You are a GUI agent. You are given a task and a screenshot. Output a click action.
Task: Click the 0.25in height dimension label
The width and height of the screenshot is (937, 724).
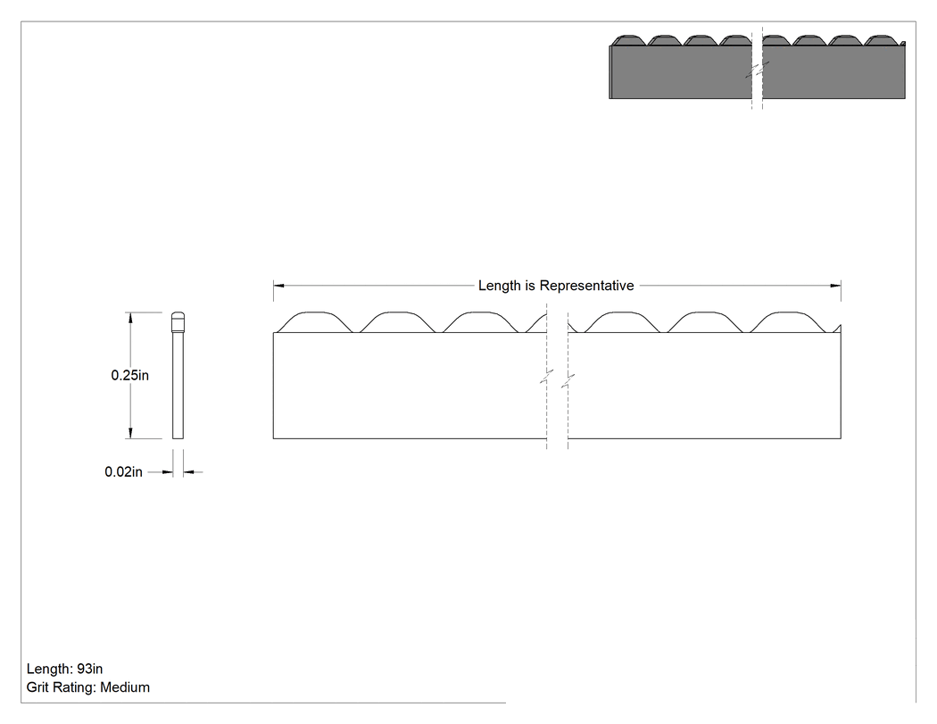pyautogui.click(x=129, y=376)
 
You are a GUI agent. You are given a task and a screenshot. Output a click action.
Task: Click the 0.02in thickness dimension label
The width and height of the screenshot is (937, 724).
pyautogui.click(x=124, y=471)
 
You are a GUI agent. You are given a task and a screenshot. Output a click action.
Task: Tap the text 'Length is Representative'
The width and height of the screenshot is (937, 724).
pyautogui.click(x=556, y=286)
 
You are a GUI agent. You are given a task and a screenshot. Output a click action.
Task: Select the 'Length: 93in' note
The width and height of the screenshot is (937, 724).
pyautogui.click(x=64, y=669)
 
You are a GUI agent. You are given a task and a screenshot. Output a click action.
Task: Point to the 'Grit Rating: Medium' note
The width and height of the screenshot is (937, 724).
pyautogui.click(x=87, y=687)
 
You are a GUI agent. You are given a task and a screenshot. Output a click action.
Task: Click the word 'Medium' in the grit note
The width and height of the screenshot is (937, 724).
pyautogui.click(x=125, y=687)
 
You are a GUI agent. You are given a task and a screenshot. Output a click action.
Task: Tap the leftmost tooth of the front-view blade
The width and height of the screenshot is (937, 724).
pyautogui.click(x=315, y=321)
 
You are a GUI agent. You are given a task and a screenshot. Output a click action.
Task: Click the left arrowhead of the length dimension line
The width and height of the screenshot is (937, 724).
pyautogui.click(x=279, y=286)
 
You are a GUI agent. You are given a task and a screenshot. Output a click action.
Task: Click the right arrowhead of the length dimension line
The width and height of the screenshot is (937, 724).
pyautogui.click(x=835, y=286)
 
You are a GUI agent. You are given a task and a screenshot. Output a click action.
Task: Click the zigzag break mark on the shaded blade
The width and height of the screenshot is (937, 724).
pyautogui.click(x=757, y=70)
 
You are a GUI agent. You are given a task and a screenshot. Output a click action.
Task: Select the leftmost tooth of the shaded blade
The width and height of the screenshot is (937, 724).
pyautogui.click(x=628, y=40)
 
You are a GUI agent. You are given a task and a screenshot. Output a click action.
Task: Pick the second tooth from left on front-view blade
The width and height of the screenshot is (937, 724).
pyautogui.click(x=397, y=321)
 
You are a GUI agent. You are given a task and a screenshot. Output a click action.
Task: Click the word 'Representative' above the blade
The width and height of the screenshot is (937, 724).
pyautogui.click(x=587, y=286)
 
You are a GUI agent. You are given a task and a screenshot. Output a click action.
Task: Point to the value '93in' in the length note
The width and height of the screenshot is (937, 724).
pyautogui.click(x=89, y=669)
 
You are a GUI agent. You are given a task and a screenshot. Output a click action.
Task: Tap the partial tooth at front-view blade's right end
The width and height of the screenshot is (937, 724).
pyautogui.click(x=837, y=329)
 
